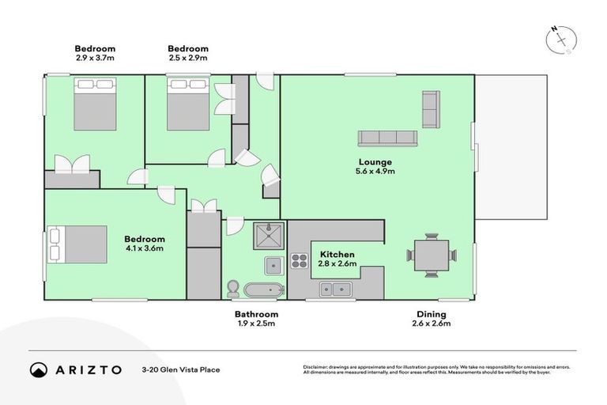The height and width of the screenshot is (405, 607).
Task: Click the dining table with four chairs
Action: [x=432, y=255]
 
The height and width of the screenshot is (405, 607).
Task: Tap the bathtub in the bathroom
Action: [x=264, y=290]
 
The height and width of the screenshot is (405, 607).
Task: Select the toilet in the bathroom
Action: [x=233, y=287]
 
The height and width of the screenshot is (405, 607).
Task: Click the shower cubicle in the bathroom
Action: [x=269, y=235]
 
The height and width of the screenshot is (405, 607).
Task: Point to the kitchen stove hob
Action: [x=300, y=261]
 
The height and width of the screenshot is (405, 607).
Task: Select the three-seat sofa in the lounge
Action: [x=387, y=138]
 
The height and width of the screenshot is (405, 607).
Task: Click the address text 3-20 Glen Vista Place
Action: [x=180, y=369]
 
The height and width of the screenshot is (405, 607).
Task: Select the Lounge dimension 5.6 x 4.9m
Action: [x=375, y=171]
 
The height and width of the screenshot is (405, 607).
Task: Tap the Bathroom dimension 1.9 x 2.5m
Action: [x=256, y=324]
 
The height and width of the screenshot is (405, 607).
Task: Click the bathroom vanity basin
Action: [x=273, y=265]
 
